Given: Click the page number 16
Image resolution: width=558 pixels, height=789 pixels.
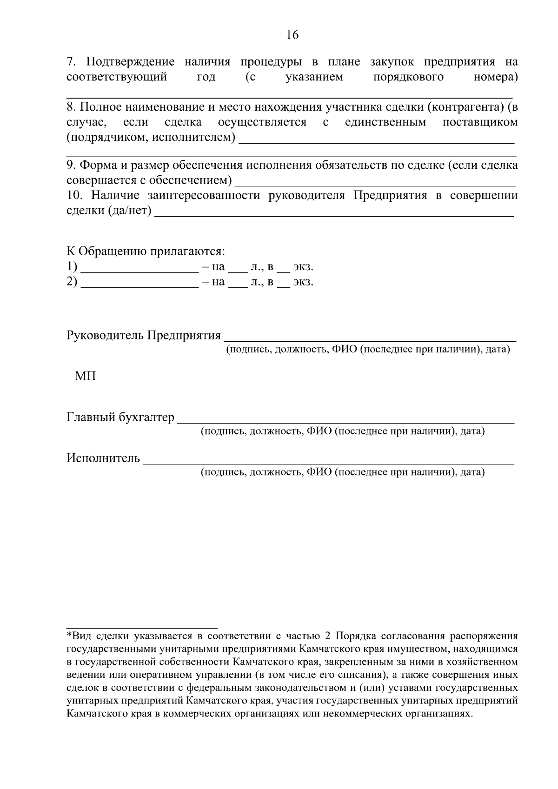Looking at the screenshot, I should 292,35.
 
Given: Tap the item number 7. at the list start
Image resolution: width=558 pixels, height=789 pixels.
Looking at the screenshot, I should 72,62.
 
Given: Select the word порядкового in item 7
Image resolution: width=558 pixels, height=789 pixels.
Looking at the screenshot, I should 408,77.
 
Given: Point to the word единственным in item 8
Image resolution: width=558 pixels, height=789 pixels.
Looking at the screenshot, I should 386,123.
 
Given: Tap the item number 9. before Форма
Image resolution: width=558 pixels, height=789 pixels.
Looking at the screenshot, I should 72,166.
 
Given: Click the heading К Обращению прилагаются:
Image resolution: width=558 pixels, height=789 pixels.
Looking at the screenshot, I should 146,252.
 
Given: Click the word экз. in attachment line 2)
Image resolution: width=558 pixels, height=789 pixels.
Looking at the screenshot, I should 303,282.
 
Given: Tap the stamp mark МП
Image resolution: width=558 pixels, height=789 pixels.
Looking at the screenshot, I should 86,376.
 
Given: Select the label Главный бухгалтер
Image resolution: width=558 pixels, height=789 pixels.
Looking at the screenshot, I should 120,418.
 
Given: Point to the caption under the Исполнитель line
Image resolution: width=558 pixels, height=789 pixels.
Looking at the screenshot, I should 343,472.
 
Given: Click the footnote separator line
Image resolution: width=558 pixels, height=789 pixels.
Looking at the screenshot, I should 142,628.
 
